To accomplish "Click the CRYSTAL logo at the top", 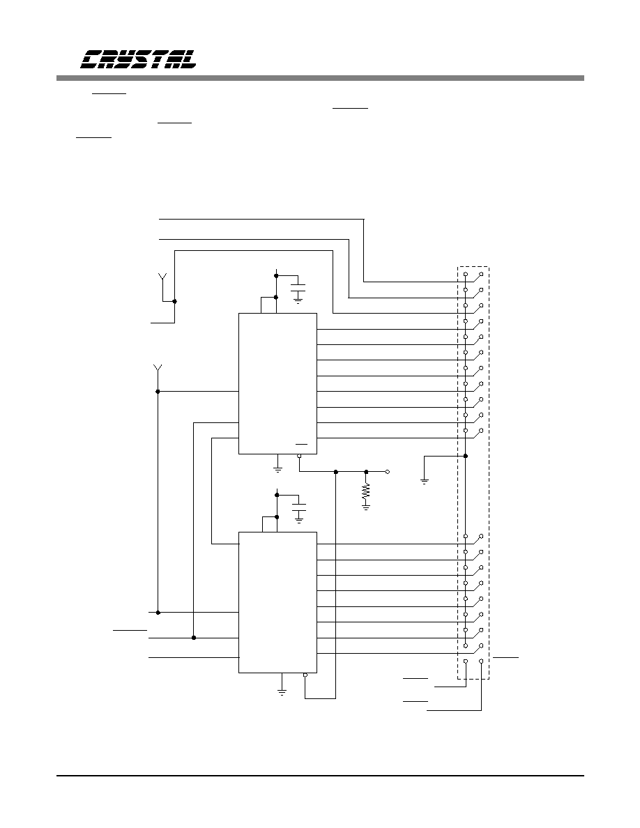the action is click(x=138, y=59).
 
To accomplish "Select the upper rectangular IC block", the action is click(x=277, y=383).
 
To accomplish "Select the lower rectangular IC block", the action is click(x=277, y=602).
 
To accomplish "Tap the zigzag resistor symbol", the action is click(x=366, y=492).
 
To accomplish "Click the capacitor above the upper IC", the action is click(x=298, y=289).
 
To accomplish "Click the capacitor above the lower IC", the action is click(x=299, y=508).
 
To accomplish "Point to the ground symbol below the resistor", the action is click(x=366, y=507).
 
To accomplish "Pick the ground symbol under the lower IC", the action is click(x=282, y=692).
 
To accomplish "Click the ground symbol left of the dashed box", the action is click(x=425, y=481).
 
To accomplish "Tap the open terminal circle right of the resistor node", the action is click(x=388, y=472).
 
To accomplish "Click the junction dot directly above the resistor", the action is click(x=367, y=472).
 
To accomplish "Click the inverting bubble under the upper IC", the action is click(x=299, y=457).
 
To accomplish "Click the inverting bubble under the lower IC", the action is click(x=305, y=675).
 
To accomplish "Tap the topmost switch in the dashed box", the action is click(x=473, y=278).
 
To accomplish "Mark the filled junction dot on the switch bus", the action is click(x=465, y=456).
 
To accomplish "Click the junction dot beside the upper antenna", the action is click(x=175, y=302).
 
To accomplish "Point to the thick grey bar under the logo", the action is click(x=321, y=78).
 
